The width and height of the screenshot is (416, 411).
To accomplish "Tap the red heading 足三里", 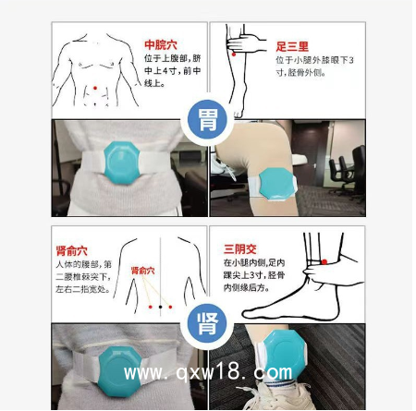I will (x=293, y=44).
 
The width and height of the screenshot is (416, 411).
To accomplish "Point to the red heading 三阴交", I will (x=239, y=248).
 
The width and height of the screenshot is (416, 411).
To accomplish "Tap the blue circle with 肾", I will (x=206, y=324).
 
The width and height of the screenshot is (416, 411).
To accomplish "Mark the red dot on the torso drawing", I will (x=95, y=88).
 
